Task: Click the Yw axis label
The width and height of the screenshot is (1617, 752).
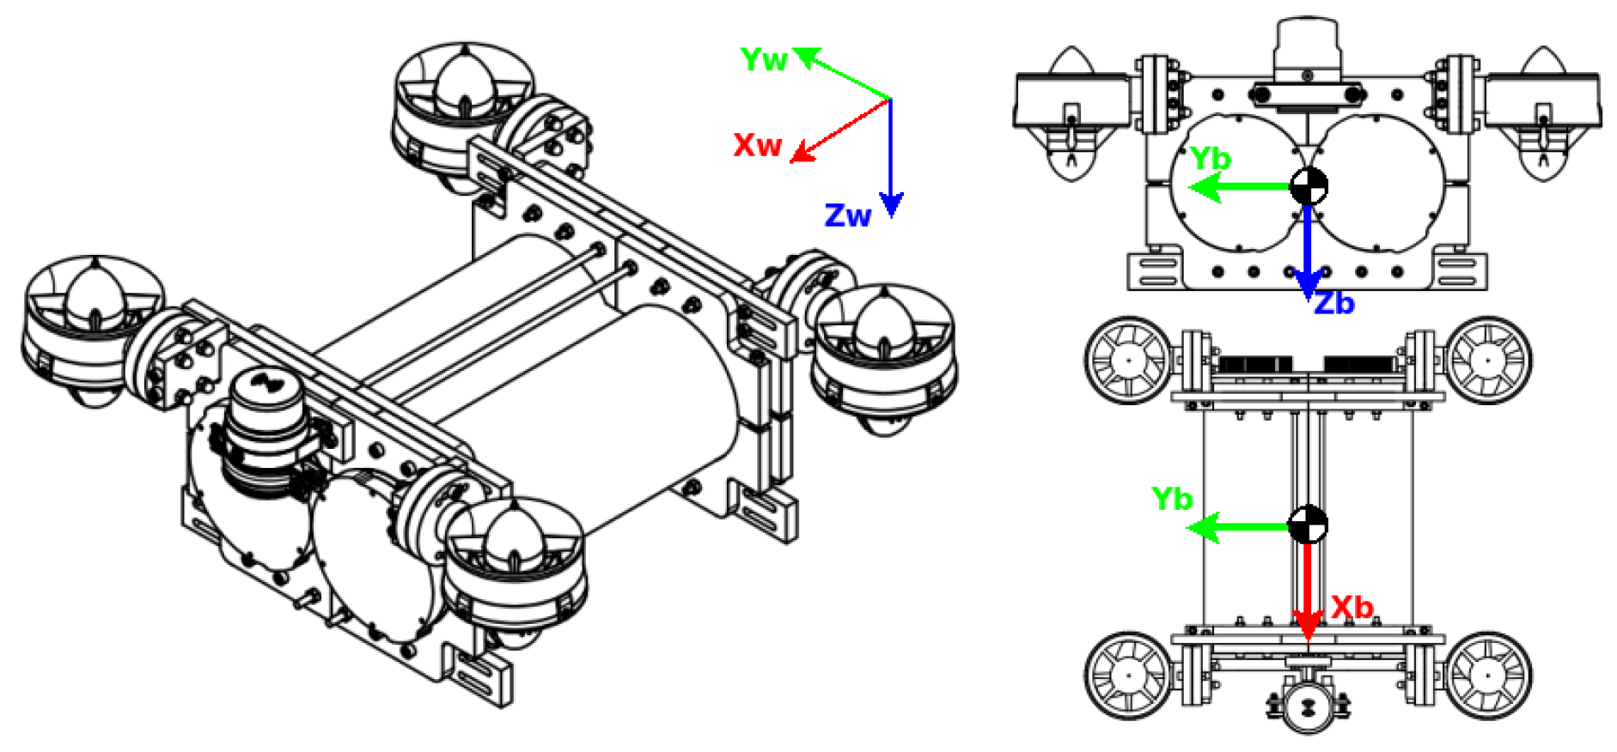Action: [763, 60]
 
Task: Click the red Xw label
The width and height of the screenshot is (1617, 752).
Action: [756, 144]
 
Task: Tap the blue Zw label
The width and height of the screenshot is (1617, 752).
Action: [847, 215]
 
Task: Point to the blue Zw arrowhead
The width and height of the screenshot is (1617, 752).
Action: [891, 204]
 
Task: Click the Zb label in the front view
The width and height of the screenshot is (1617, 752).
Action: [1334, 303]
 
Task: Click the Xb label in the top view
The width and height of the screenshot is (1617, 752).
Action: [1352, 608]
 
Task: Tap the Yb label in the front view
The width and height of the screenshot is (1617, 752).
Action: [1210, 159]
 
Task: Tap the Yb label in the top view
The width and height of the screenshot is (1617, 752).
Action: [1172, 499]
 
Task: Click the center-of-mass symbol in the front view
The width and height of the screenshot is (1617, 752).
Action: [1308, 186]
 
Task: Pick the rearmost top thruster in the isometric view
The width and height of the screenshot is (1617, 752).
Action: [464, 107]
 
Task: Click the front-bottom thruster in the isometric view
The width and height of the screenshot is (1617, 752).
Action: [514, 567]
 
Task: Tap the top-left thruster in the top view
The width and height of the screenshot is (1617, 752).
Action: [1128, 361]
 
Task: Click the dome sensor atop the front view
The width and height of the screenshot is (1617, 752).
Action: [1306, 47]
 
